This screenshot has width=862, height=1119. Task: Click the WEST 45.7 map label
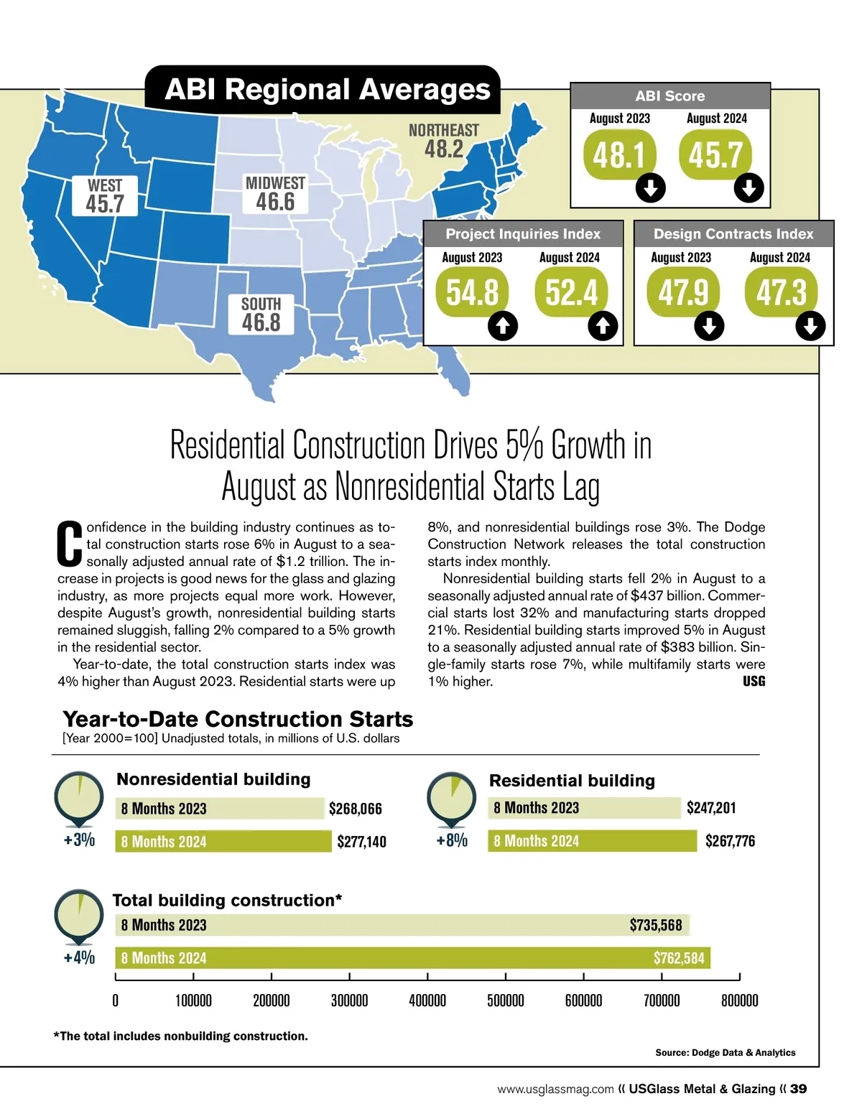click(x=105, y=196)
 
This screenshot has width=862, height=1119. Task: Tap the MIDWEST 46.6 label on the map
click(x=275, y=194)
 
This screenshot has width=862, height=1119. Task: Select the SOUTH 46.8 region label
click(x=261, y=315)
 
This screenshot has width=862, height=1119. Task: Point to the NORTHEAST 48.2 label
click(x=443, y=141)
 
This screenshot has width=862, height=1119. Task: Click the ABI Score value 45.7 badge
click(x=715, y=154)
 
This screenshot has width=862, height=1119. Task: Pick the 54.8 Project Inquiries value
click(x=472, y=292)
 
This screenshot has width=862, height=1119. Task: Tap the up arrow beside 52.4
click(x=603, y=327)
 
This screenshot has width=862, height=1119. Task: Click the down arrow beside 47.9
click(x=709, y=327)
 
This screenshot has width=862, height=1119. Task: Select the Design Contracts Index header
click(x=733, y=234)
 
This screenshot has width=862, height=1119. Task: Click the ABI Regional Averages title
click(x=328, y=90)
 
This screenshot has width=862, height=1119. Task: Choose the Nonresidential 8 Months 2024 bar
click(x=223, y=841)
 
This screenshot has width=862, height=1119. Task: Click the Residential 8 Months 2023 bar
click(x=584, y=808)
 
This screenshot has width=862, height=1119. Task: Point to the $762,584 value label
click(x=679, y=957)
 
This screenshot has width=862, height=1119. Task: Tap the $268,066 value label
click(x=356, y=809)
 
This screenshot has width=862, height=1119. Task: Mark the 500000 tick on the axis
click(x=506, y=1000)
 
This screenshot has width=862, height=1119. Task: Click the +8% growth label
click(x=452, y=840)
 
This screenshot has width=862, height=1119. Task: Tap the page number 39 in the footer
click(x=798, y=1089)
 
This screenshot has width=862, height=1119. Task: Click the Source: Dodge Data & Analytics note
click(x=725, y=1052)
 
